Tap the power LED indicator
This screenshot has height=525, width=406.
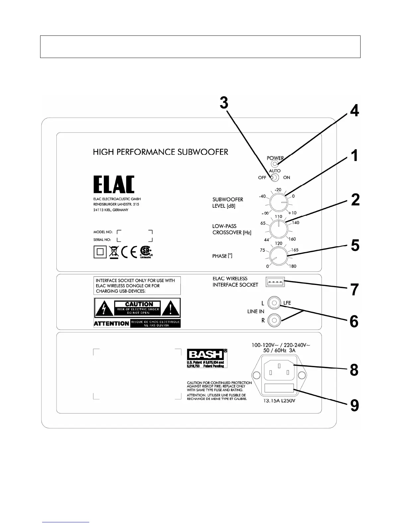click(x=274, y=164)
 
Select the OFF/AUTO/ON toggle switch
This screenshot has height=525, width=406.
click(x=275, y=178)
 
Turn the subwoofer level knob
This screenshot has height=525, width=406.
click(x=278, y=203)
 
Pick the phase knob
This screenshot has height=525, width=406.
click(x=279, y=256)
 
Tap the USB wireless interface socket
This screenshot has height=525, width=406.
click(x=275, y=282)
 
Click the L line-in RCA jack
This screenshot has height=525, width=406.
click(x=275, y=303)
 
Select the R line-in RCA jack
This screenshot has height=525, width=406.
click(x=275, y=320)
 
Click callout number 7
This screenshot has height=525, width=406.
click(x=355, y=290)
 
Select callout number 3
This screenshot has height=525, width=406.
click(x=224, y=103)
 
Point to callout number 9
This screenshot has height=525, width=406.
click(x=355, y=405)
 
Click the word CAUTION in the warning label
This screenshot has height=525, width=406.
click(x=139, y=304)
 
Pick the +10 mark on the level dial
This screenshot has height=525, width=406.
click(x=292, y=213)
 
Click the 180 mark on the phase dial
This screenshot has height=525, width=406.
click(x=293, y=266)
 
